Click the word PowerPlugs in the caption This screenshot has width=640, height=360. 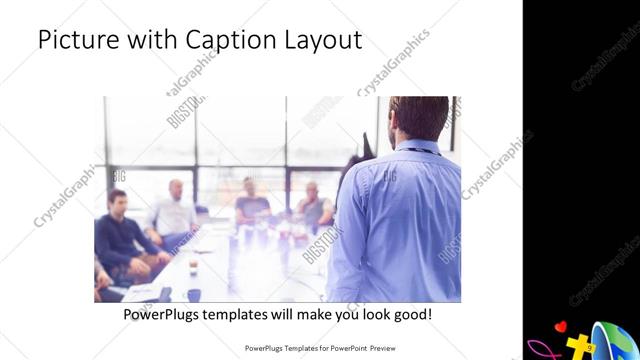point(165,315)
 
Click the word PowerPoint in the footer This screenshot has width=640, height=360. point(339,349)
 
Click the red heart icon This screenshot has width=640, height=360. point(562,326)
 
